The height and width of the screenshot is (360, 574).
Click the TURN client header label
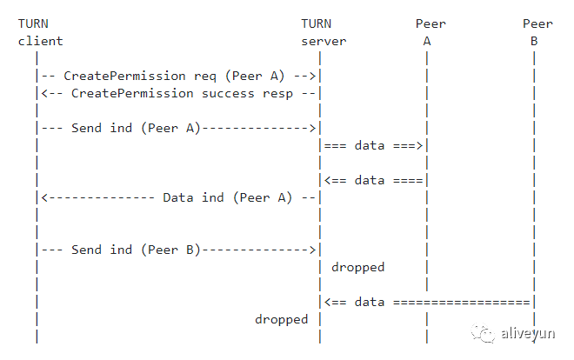coord(40,32)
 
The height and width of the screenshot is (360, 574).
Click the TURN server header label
coord(323,32)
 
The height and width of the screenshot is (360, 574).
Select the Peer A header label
coord(427,32)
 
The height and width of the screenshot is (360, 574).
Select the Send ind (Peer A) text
coord(136,128)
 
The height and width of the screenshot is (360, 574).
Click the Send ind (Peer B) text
coord(136,250)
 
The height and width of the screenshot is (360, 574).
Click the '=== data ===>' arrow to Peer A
coord(373,145)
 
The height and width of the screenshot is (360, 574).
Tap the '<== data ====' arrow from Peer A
coord(373,180)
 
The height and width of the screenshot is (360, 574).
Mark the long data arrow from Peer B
coord(427,302)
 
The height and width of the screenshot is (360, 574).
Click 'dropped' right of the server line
coord(357,267)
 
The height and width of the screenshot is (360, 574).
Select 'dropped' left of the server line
coord(281,319)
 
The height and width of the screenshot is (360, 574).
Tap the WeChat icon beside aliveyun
coord(484,330)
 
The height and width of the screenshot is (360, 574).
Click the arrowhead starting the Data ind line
coord(44,197)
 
